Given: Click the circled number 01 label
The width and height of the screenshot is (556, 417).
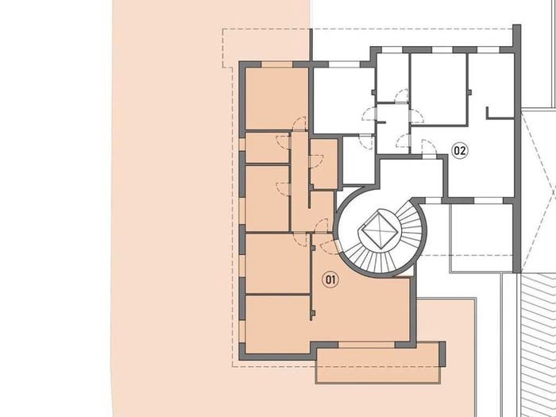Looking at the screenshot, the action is pos(330,280).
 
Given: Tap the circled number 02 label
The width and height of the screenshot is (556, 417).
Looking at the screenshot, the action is pos(460,151).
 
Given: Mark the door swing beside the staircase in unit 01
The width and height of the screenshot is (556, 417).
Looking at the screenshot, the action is pos(329,247).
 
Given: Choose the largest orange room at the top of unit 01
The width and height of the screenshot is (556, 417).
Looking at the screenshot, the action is pos(276,98).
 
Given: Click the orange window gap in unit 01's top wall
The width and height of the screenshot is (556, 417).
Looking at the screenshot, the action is pos(277,64).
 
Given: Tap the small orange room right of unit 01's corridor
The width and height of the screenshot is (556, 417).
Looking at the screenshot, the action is pos(323,164).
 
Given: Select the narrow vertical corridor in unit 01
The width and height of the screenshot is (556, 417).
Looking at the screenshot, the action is pos(299,182).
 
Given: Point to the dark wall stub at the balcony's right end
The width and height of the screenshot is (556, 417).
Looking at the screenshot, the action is pos(442,354).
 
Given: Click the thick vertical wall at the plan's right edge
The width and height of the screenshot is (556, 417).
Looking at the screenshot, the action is pos(517,149).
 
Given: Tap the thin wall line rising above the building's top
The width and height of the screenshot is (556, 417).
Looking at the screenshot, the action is pos(311,45).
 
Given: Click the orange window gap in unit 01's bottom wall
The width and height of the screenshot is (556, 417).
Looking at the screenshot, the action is pos(367,345).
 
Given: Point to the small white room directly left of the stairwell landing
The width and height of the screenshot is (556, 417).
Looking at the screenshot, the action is pos(358,160).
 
